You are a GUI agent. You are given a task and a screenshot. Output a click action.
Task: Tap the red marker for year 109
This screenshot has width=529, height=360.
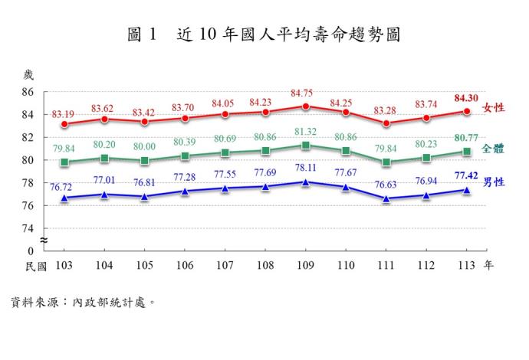(305, 106)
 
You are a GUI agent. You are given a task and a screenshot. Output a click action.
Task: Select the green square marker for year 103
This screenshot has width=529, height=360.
(64, 162)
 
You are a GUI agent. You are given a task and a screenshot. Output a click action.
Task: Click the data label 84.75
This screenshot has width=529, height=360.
(305, 93)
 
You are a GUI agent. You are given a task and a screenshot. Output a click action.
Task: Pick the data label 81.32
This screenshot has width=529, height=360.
(305, 132)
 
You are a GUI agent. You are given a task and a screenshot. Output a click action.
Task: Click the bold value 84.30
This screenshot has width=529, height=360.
(466, 98)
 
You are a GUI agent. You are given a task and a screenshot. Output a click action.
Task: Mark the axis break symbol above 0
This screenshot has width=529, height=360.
(44, 241)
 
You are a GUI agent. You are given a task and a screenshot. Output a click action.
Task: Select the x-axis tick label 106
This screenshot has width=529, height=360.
(185, 266)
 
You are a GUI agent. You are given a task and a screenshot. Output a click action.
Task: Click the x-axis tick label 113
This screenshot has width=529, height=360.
(466, 266)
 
